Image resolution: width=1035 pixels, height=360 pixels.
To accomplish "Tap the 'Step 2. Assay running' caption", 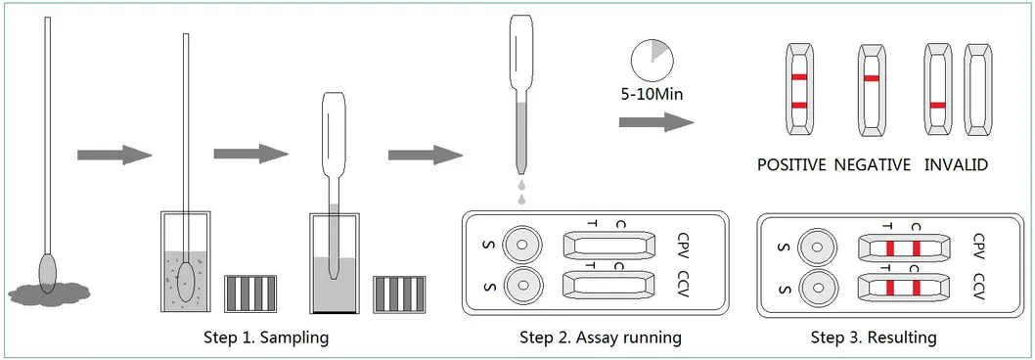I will point(600,338).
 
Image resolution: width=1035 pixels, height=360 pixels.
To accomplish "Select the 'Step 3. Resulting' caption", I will point(874,338).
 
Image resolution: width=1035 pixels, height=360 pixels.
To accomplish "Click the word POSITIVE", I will point(791,165).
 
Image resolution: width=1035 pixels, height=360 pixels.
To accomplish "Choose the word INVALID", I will point(955,165).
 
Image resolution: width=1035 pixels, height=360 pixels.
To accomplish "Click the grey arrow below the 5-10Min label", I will point(655,122).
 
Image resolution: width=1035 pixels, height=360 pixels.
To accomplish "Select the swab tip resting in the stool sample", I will point(47,267).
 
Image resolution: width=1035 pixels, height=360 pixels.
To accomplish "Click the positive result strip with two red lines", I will point(799,90).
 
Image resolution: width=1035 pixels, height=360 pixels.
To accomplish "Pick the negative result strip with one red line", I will point(872,90).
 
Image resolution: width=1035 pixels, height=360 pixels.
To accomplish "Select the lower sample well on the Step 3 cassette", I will point(817,288).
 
